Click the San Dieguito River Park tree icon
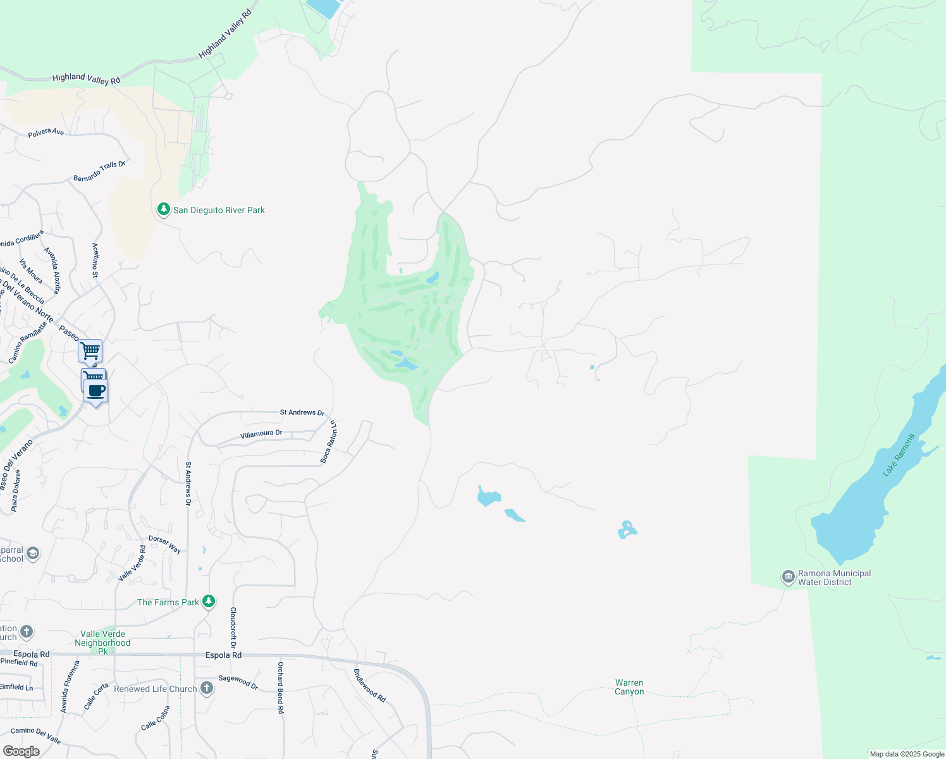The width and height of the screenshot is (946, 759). click(163, 209)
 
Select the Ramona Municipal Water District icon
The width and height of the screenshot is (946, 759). click(788, 576)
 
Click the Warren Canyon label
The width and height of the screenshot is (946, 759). click(629, 687)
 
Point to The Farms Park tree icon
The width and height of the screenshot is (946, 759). click(209, 602)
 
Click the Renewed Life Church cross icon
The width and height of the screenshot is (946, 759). click(207, 688)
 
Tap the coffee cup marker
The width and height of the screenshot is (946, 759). click(96, 391)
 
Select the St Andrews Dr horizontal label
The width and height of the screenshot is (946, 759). click(302, 412)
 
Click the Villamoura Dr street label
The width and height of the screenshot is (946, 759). click(261, 434)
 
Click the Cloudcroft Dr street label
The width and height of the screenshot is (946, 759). click(233, 628)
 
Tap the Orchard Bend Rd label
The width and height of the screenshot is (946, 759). click(280, 688)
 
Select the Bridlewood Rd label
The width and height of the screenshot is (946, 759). click(369, 685)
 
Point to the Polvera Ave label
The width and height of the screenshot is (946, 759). click(46, 133)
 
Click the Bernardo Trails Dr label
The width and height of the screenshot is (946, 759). click(99, 171)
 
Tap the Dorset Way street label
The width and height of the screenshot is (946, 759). click(164, 545)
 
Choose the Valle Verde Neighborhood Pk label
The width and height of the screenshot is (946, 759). click(102, 642)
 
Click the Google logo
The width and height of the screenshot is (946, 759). click(21, 751)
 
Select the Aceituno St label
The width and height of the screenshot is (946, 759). click(95, 260)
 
